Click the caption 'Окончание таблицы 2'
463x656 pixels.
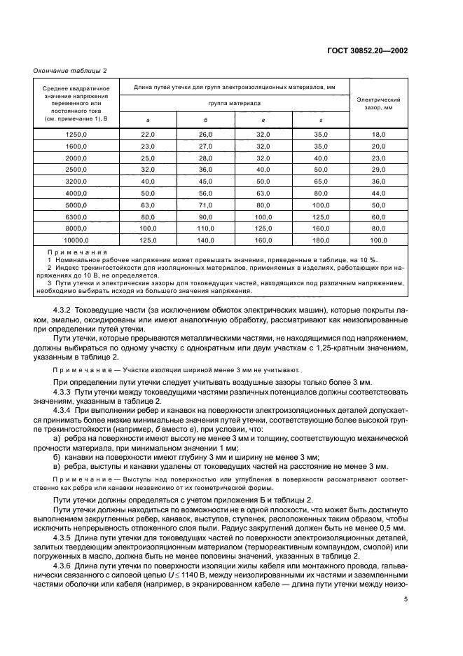point(70,71)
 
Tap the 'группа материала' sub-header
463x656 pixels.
point(234,102)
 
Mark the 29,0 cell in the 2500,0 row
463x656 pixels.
point(379,169)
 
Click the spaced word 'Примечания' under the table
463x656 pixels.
point(77,252)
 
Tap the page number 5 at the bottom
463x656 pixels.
point(406,600)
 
